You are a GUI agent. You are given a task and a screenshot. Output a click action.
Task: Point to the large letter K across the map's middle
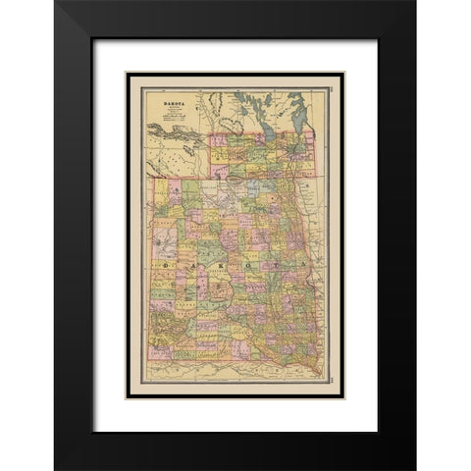(227, 265)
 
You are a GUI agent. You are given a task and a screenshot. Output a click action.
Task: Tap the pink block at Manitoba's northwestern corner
(217, 138)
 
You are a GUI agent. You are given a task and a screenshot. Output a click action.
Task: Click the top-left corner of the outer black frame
(56, 3)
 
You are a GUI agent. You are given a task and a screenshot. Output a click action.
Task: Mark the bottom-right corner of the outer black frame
(414, 468)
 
